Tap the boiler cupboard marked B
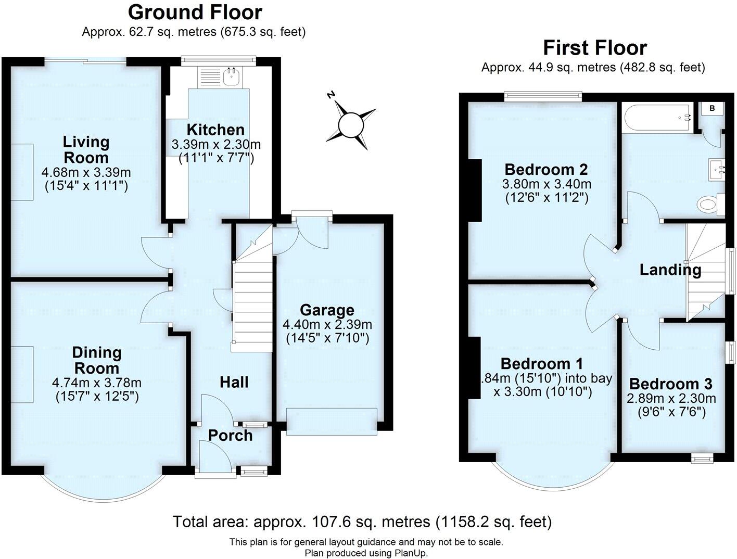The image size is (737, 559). coord(713,108)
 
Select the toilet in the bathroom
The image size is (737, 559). coord(709,204)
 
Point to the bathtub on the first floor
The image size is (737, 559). coord(657,118)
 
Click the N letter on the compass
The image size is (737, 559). coord(330,95)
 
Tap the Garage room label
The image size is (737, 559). coord(327,310)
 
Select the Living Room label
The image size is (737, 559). coord(86,149)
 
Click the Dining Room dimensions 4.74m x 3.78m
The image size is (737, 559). coord(97,383)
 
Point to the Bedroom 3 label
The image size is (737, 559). coord(671,384)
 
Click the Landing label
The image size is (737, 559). coord(670,270)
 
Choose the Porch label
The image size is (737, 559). coord(230,435)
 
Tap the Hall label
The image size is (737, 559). coord(234,383)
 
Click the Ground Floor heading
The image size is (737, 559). coord(195,12)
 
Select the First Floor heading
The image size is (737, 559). coord(594,48)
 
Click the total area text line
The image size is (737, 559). coord(362,521)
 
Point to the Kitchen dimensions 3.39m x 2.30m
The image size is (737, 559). coord(216,144)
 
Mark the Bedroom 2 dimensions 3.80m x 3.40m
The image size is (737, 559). coord(547,184)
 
